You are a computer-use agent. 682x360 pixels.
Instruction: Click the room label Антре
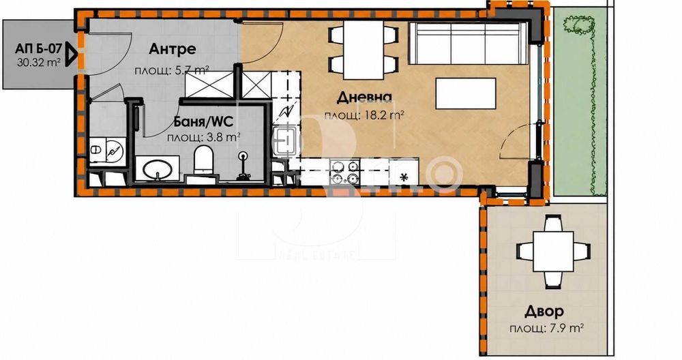pyautogui.click(x=173, y=49)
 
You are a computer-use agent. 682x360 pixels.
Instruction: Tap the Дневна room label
pyautogui.click(x=364, y=97)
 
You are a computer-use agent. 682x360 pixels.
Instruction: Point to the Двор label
pyautogui.click(x=544, y=312)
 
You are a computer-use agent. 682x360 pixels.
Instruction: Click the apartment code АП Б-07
pyautogui.click(x=39, y=48)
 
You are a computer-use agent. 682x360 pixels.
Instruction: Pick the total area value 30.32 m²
pyautogui.click(x=39, y=62)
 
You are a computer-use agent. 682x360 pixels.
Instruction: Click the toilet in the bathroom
pyautogui.click(x=203, y=160)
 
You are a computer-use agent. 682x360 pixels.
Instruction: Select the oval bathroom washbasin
pyautogui.click(x=158, y=168)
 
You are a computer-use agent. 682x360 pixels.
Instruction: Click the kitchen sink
pyautogui.click(x=285, y=140)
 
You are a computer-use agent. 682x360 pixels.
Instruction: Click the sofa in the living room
pyautogui.click(x=468, y=44)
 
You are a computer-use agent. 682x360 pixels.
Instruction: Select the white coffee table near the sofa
pyautogui.click(x=466, y=93)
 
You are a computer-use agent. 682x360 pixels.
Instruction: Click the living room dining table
pyautogui.click(x=364, y=50)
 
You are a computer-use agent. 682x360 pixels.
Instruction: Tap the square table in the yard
pyautogui.click(x=553, y=252)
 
